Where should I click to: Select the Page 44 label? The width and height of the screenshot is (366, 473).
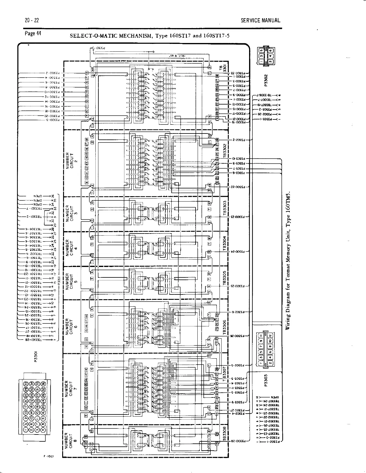(33, 33)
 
